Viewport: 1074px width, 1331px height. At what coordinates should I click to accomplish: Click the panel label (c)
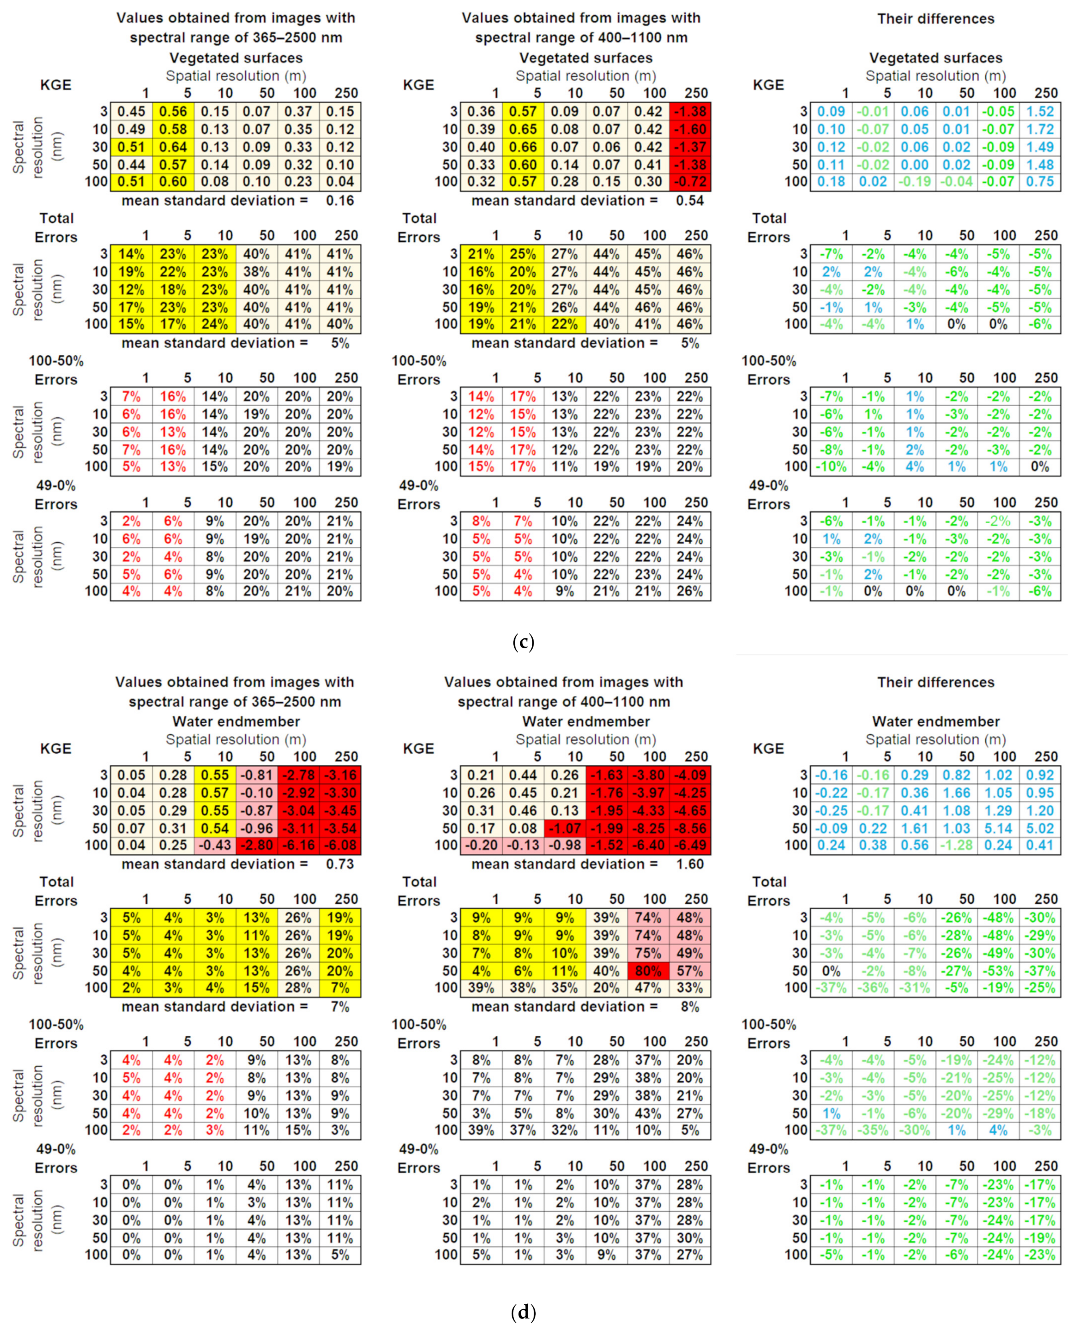[523, 642]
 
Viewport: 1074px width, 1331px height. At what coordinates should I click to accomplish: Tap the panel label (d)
[523, 1312]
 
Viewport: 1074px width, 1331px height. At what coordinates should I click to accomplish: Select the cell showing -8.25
[648, 828]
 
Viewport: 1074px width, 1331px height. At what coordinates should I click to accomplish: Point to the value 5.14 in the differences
[998, 828]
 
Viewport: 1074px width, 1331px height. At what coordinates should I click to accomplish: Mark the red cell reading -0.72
[690, 182]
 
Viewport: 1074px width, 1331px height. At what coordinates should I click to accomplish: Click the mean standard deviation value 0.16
[340, 201]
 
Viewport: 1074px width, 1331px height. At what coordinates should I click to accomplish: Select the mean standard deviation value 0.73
[340, 864]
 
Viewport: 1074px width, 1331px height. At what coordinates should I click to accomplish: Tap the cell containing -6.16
[298, 845]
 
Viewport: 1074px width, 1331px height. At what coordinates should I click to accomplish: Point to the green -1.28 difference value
[956, 845]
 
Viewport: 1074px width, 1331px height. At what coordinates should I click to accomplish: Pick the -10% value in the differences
[831, 467]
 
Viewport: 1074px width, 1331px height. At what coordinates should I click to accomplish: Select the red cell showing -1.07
[565, 828]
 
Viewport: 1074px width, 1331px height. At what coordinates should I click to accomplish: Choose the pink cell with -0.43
[215, 845]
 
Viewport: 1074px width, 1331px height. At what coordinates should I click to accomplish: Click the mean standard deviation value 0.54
[690, 201]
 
